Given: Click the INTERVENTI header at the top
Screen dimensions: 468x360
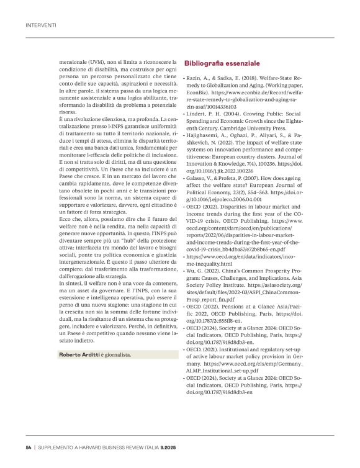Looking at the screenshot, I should [40, 25].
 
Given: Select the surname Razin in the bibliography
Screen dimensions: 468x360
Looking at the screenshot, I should [194, 79].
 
